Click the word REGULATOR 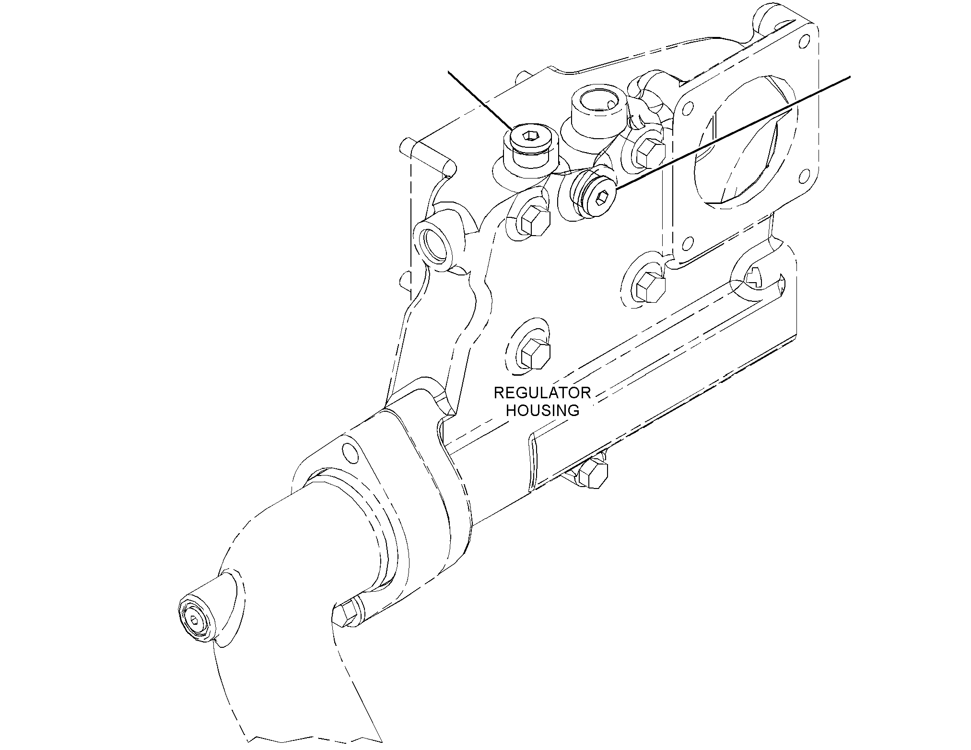542,393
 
